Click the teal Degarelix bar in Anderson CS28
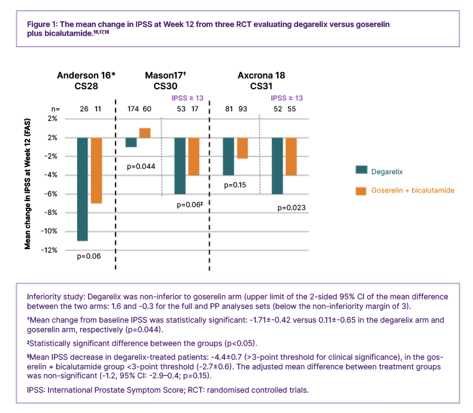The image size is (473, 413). pyautogui.click(x=82, y=189)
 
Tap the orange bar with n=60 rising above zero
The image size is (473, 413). pyautogui.click(x=145, y=133)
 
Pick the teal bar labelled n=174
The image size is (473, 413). pyautogui.click(x=131, y=142)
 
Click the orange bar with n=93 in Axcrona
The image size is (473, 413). pyautogui.click(x=242, y=148)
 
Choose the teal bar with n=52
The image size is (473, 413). pyautogui.click(x=277, y=166)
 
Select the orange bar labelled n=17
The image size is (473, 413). pyautogui.click(x=193, y=156)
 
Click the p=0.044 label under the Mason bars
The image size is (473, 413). pyautogui.click(x=141, y=165)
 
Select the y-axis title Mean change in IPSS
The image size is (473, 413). pyautogui.click(x=28, y=184)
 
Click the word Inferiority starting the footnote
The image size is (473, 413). pyautogui.click(x=46, y=297)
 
